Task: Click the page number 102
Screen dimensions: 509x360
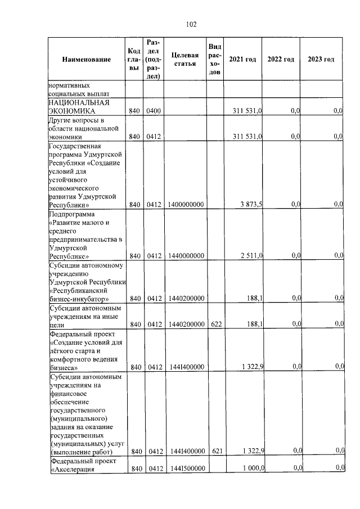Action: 191,24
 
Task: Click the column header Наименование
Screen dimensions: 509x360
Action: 86,60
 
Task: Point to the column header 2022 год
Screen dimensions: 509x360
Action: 281,60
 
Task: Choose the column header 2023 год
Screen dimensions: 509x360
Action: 321,60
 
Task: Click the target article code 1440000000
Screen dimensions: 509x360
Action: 185,256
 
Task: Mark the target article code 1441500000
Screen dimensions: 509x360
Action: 185,469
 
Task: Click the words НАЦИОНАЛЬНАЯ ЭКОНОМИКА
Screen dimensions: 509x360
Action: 78,107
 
